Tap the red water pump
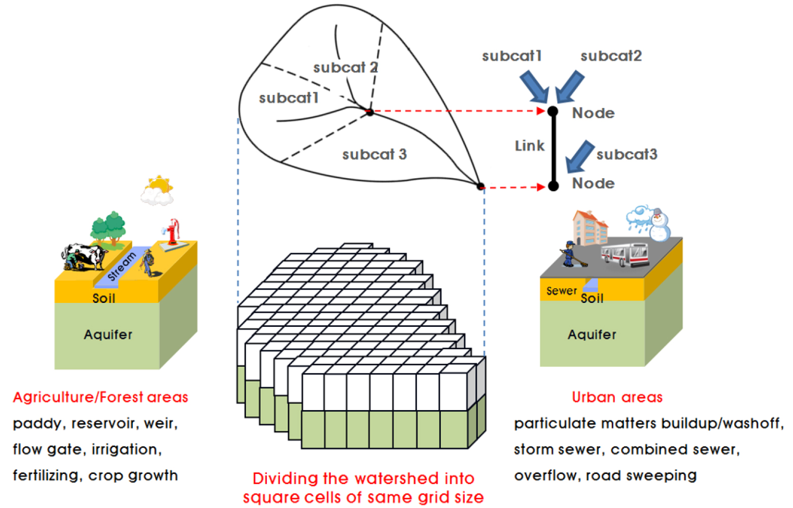tap(173, 232)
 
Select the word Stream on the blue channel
tap(122, 266)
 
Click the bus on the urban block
tap(625, 254)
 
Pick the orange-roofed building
tap(589, 228)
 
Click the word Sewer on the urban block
tap(561, 291)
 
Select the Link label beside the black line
tap(529, 146)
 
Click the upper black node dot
tap(553, 111)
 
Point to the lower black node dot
tap(554, 186)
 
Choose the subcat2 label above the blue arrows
tap(611, 56)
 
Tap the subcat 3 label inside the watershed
tap(374, 154)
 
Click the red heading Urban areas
tap(617, 397)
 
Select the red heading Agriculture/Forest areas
tap(100, 397)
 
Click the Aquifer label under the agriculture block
tap(108, 334)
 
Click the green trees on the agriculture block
tap(108, 227)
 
